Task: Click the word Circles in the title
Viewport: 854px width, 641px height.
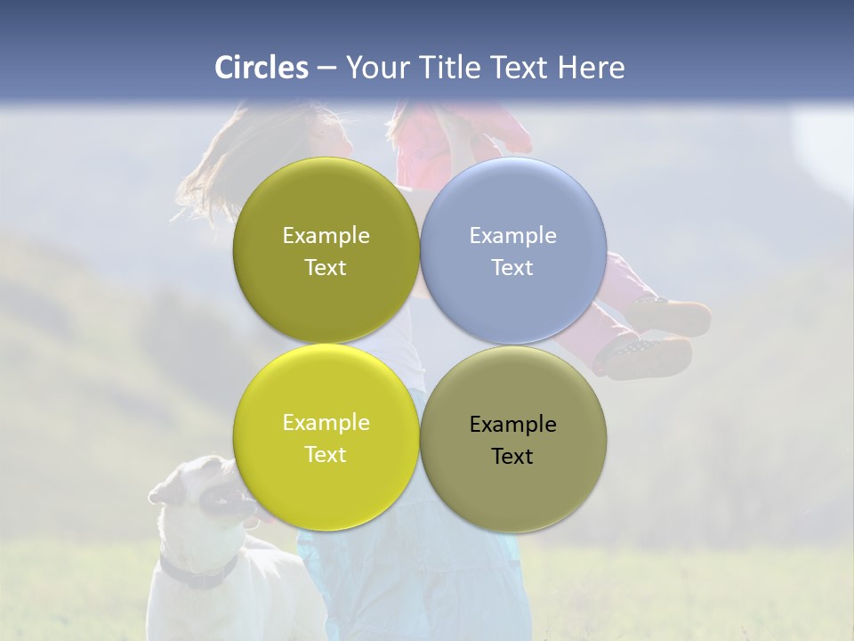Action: (x=262, y=68)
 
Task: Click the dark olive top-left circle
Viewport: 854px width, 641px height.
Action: (x=326, y=250)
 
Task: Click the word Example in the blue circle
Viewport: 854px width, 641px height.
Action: (x=513, y=236)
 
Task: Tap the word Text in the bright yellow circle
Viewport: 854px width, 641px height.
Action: (x=326, y=455)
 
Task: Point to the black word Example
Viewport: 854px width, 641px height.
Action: (x=513, y=425)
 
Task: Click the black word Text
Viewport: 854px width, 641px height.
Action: (x=513, y=457)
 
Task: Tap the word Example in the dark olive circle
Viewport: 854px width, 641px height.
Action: (x=326, y=236)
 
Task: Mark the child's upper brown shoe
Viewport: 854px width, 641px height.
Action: (x=672, y=316)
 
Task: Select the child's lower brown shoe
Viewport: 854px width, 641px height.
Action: (x=645, y=356)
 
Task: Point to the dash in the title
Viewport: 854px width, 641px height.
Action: (x=326, y=69)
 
